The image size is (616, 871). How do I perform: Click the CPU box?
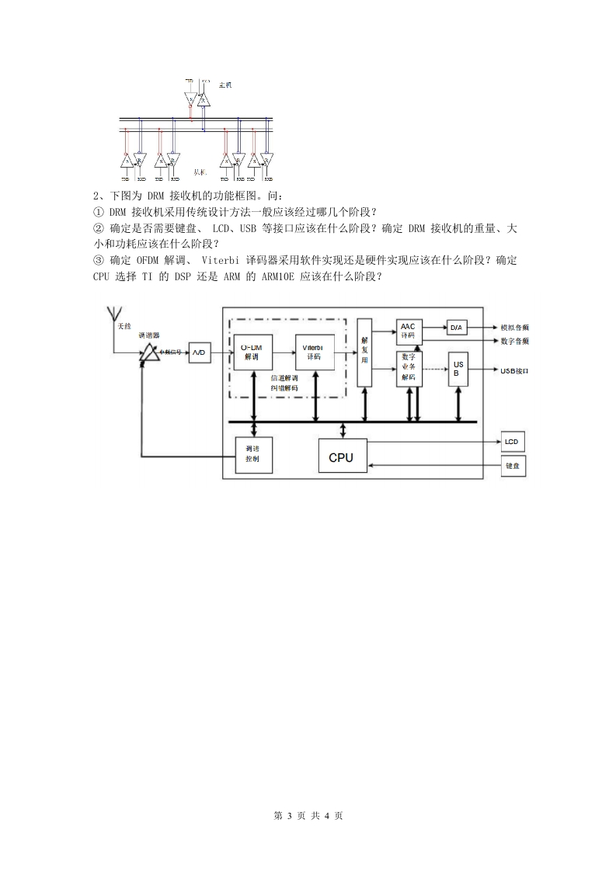(x=340, y=457)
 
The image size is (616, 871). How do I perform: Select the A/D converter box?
(x=199, y=352)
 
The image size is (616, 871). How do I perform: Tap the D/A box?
(x=456, y=328)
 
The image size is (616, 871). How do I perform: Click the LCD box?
(x=511, y=442)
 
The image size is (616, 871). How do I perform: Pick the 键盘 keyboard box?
(x=512, y=467)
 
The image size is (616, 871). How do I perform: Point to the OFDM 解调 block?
(x=251, y=352)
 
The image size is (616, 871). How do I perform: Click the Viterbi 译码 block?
(x=314, y=352)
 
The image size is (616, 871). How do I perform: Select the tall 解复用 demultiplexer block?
(x=364, y=352)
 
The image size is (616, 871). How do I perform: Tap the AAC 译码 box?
(x=409, y=331)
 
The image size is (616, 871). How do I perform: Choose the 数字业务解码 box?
(x=409, y=367)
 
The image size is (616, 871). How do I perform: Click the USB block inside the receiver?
(x=458, y=368)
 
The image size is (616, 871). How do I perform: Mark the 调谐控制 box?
(x=252, y=454)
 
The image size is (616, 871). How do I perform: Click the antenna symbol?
(x=113, y=314)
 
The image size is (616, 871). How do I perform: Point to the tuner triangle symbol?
(x=147, y=354)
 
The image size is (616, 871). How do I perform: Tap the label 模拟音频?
(x=514, y=328)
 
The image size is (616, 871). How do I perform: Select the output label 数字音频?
(x=514, y=342)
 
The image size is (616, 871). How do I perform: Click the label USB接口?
(x=514, y=371)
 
